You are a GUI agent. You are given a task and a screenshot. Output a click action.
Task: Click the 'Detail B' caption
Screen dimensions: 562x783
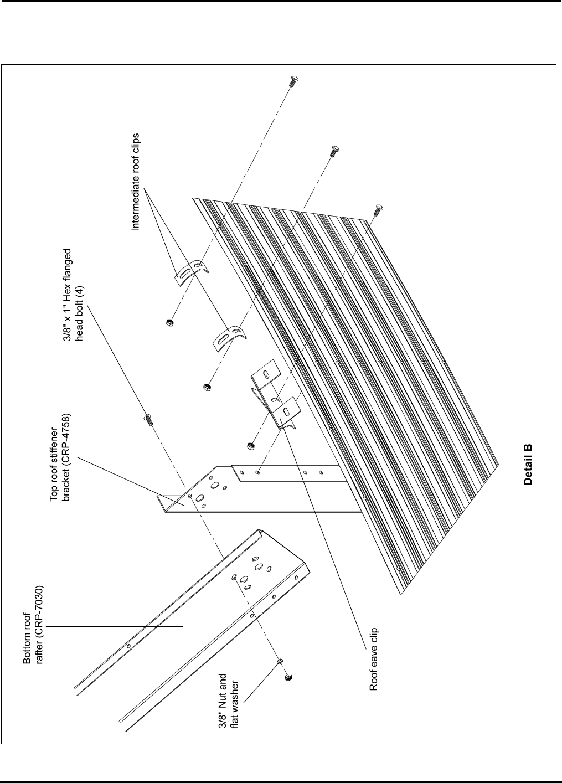click(528, 465)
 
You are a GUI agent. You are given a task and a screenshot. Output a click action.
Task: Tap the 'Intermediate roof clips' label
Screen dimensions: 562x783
click(135, 182)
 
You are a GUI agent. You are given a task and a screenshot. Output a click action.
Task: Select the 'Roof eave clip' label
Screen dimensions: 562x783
click(374, 660)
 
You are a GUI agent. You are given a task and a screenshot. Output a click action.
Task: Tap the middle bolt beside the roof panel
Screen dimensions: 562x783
click(334, 151)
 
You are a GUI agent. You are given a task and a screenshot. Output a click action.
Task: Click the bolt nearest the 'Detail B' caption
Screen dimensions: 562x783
click(378, 210)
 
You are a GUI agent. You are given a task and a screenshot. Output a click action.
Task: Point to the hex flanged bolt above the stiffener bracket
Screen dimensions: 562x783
click(148, 419)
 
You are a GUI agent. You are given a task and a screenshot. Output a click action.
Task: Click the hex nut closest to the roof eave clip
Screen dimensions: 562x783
click(250, 446)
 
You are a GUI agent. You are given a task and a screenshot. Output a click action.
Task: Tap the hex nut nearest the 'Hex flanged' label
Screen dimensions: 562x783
click(168, 322)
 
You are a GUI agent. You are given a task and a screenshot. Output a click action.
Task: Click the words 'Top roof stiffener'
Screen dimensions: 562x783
click(55, 457)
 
